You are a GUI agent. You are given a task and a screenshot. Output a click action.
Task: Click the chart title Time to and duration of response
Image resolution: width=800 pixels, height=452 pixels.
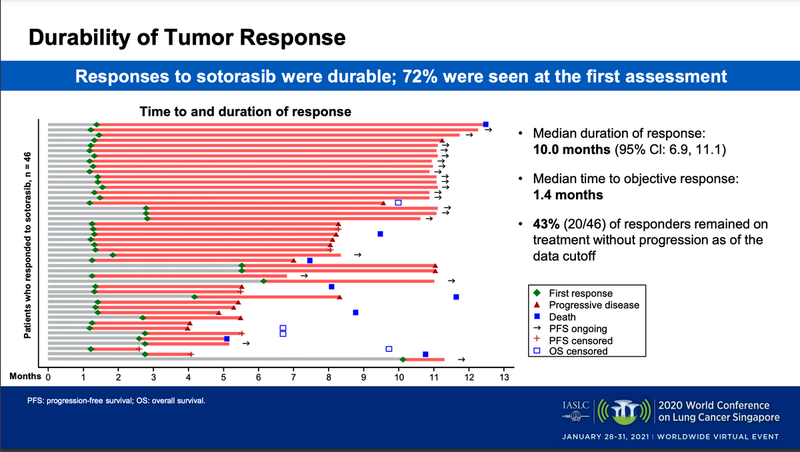point(245,111)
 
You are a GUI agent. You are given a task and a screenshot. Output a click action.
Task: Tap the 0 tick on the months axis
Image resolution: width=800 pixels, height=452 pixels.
point(48,378)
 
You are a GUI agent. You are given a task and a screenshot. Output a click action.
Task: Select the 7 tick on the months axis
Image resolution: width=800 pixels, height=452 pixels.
point(293,378)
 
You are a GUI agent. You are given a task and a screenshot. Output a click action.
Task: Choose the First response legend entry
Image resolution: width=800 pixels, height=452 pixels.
point(580,293)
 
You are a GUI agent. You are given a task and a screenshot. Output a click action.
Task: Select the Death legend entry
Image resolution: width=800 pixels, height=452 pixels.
point(562,317)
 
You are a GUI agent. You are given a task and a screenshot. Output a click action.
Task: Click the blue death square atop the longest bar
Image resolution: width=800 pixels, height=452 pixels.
point(485,124)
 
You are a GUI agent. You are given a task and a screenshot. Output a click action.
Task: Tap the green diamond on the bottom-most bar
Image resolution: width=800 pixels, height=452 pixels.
point(403,359)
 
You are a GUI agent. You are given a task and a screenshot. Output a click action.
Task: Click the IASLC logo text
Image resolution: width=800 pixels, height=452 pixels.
point(575,404)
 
